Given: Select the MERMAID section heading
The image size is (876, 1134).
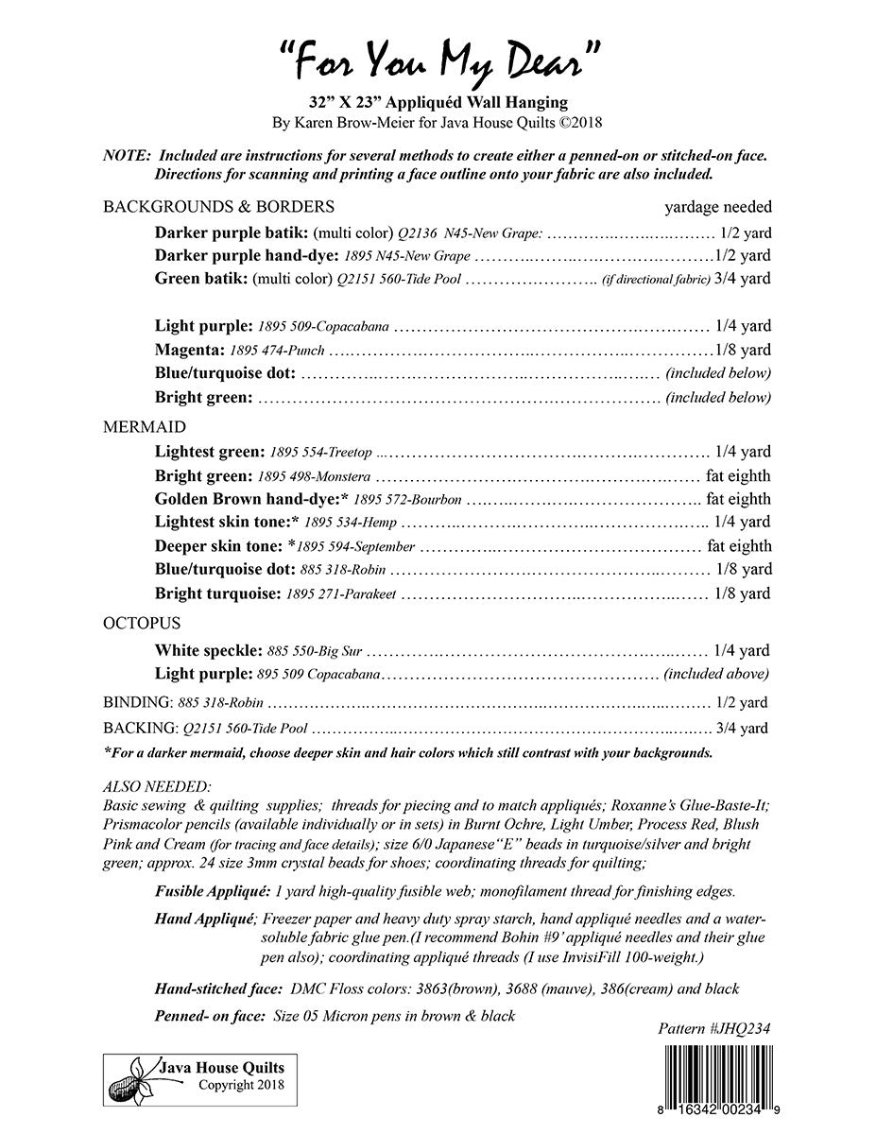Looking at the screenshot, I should [145, 427].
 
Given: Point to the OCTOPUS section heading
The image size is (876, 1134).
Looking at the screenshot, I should [142, 624].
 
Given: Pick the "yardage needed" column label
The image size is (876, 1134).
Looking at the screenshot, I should [717, 207].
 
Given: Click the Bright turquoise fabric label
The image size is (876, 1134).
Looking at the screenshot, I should [217, 594].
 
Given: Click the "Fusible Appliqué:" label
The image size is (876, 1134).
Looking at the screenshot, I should [214, 892].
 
